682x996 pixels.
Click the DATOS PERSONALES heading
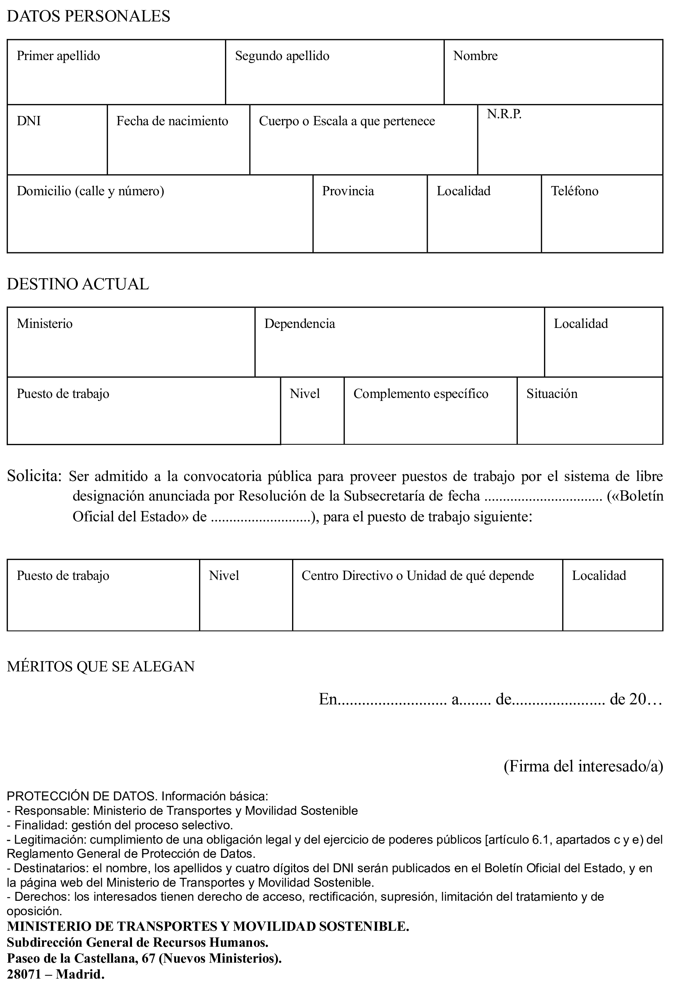tap(88, 16)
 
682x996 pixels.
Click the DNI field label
tap(29, 121)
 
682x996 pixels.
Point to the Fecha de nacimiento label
tap(172, 121)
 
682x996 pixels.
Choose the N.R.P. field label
tap(504, 114)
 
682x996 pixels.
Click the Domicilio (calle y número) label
tap(90, 191)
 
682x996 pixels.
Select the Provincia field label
tap(348, 191)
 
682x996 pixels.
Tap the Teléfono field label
tap(575, 191)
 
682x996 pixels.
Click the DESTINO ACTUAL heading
tap(78, 284)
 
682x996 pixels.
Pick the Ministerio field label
tap(44, 323)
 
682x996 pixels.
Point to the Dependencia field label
tap(299, 323)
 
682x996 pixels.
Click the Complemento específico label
tap(421, 394)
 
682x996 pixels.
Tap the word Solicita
tap(34, 476)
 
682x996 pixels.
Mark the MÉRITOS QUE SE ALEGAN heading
tap(101, 667)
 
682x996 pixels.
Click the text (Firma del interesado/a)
tap(583, 766)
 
